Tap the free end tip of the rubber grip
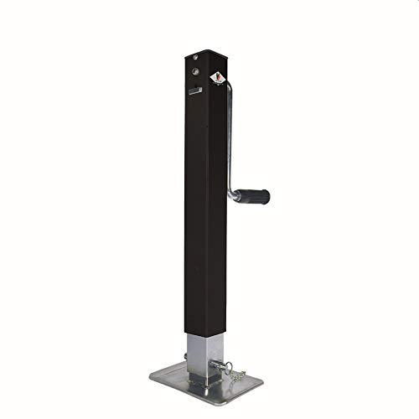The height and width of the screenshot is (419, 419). click(x=267, y=196)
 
